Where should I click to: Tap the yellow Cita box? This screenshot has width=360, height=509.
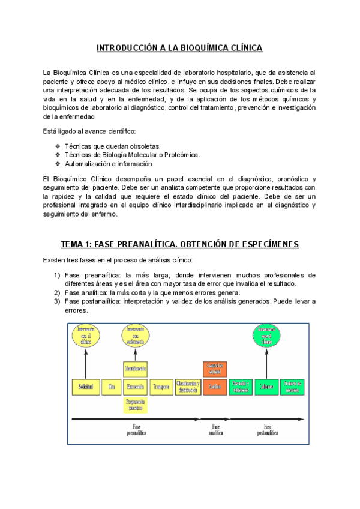coord(111,387)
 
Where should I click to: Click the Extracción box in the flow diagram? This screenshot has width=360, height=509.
coord(135,387)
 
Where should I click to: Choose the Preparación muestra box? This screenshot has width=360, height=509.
coord(135,405)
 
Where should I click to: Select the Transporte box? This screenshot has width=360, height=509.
coord(161,387)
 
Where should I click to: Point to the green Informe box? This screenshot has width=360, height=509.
coord(266,387)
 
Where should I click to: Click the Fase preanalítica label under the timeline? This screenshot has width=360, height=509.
coord(136,430)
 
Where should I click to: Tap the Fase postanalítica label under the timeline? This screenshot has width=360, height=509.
coord(268,430)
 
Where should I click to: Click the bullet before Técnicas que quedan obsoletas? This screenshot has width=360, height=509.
coord(57,146)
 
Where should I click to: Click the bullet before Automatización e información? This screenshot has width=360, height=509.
coord(57,164)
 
